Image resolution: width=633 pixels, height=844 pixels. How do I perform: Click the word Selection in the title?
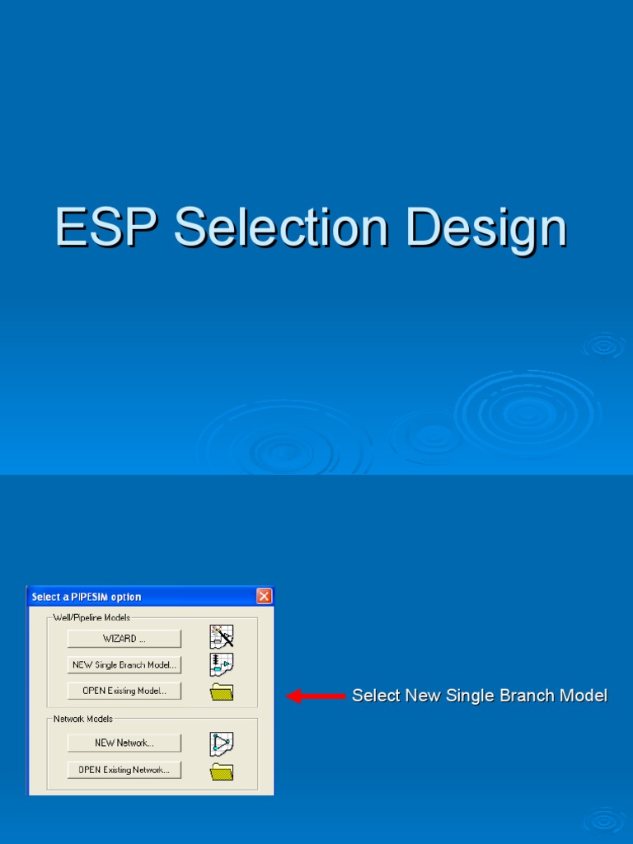(281, 227)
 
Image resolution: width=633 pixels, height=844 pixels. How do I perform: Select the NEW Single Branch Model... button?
(124, 664)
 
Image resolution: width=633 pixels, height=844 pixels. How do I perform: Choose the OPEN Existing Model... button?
(124, 691)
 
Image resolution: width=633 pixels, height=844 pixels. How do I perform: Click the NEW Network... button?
(124, 743)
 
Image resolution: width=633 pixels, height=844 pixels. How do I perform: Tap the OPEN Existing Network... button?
(124, 770)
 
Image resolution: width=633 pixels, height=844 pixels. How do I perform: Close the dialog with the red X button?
(264, 596)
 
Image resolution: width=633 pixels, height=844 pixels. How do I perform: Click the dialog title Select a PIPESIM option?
(87, 597)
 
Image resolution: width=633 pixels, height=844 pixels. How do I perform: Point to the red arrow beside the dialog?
(316, 696)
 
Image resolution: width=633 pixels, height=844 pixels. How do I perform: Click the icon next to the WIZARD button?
(222, 637)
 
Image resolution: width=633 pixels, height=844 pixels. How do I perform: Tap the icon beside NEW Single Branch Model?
(222, 664)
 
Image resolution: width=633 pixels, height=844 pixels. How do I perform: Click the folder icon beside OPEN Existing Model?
(222, 692)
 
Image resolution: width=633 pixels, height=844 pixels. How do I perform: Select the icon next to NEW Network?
(222, 743)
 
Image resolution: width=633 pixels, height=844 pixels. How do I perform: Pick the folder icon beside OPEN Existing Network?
(222, 771)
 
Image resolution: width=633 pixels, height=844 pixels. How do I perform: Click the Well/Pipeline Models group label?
(91, 617)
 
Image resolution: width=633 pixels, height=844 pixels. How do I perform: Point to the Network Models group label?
(83, 719)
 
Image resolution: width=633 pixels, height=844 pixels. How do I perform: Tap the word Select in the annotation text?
(375, 696)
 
